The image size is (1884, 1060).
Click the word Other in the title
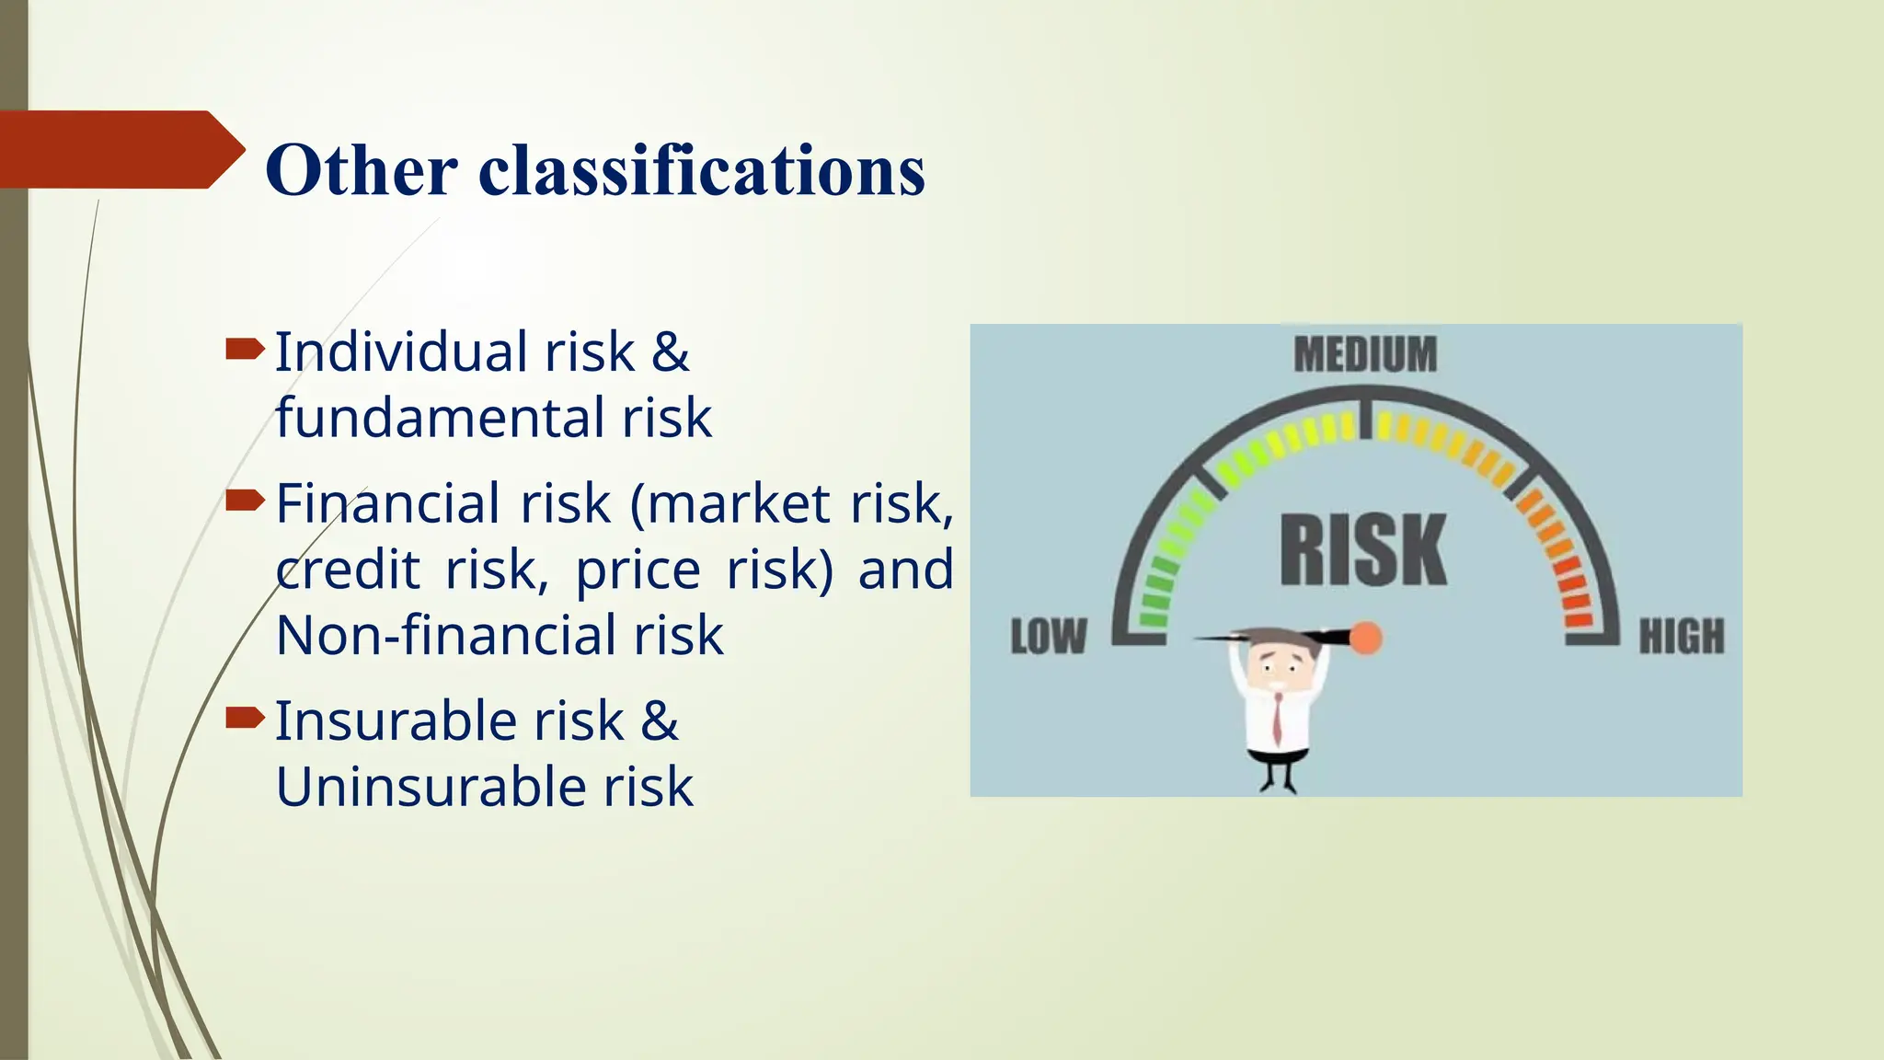click(x=361, y=171)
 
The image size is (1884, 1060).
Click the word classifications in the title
click(x=701, y=171)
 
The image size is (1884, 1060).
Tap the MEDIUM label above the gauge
click(x=1364, y=355)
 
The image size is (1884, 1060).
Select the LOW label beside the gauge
click(x=1048, y=637)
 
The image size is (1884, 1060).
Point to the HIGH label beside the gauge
click(x=1681, y=637)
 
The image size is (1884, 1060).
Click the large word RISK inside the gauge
click(x=1363, y=550)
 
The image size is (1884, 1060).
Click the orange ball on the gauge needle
click(x=1366, y=638)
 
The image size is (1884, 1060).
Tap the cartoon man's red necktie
click(x=1278, y=718)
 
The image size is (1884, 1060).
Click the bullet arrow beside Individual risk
click(x=244, y=349)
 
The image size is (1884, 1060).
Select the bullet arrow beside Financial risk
click(x=244, y=500)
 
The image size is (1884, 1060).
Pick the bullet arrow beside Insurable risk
click(x=244, y=717)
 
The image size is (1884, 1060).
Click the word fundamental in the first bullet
click(x=442, y=418)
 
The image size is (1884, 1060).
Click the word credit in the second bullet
click(x=348, y=570)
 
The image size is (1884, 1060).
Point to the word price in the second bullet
click(x=638, y=570)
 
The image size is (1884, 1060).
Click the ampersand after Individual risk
click(x=671, y=352)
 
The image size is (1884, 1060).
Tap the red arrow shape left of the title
click(x=120, y=149)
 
